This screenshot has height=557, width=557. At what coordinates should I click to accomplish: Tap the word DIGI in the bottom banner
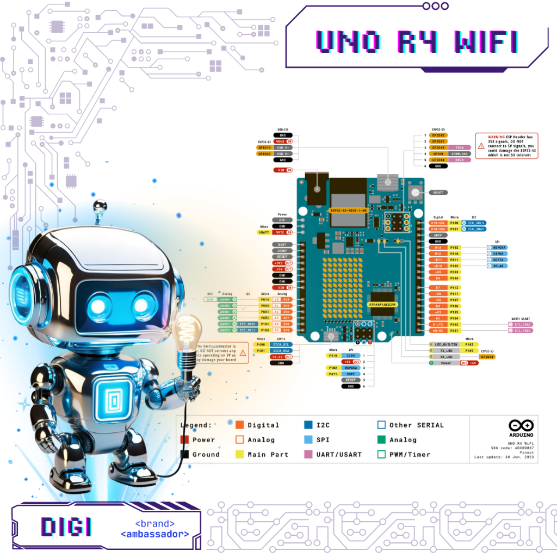tap(66, 527)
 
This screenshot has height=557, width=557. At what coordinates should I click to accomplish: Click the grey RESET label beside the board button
tap(438, 193)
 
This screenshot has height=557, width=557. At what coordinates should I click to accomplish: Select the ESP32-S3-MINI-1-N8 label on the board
tap(349, 210)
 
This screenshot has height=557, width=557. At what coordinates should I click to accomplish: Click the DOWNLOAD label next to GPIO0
tap(459, 154)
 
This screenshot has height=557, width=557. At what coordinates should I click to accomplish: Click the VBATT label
tap(264, 232)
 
